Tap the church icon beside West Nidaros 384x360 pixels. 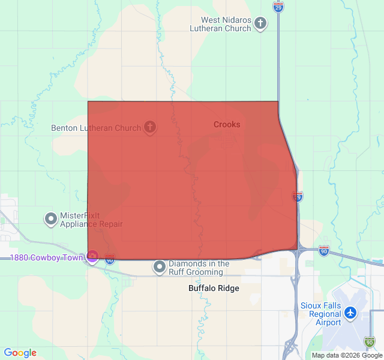pos(260,24)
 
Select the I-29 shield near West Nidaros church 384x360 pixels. pos(278,7)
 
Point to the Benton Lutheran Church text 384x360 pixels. pos(96,128)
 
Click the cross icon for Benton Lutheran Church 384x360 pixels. pos(150,127)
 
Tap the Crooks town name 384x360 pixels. pos(227,125)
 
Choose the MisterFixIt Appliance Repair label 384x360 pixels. pos(91,220)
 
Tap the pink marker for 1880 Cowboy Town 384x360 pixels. pos(92,257)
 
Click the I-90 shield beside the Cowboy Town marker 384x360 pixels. pos(109,259)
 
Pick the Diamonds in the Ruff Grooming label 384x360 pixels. pos(199,268)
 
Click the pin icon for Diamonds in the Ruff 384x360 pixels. pos(159,268)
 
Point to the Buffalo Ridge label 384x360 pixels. pos(214,289)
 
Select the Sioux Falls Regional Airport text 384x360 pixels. pos(320,314)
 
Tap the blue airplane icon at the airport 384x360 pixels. pos(350,313)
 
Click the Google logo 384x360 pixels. pos(20,353)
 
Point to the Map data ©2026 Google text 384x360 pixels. pos(346,355)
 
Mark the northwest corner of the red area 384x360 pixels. pos(88,101)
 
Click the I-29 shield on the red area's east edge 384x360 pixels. pos(298,196)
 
